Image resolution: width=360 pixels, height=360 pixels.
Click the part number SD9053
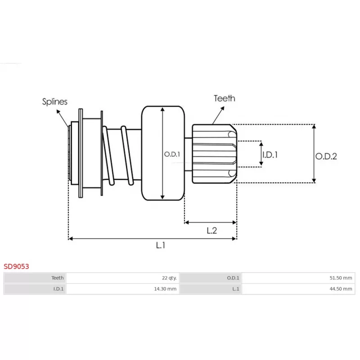tap(16, 266)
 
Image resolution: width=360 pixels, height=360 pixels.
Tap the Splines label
tap(54, 102)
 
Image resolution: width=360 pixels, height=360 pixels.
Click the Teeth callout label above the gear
tap(225, 98)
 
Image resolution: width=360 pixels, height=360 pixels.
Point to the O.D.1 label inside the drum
tap(172, 154)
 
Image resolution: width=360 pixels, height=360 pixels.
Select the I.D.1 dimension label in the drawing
tap(270, 155)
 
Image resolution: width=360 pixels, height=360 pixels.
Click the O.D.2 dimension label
tap(326, 156)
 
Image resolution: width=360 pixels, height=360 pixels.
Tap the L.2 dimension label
tap(211, 230)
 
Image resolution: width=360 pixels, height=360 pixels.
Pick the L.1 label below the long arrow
tap(161, 245)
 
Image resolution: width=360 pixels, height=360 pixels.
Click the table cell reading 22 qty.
tap(123, 278)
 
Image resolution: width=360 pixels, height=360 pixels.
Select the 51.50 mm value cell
tap(298, 278)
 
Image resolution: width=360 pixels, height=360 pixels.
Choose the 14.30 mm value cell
tap(123, 289)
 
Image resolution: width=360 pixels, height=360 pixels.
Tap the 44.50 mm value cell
tap(298, 289)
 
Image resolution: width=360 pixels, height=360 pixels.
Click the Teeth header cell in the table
tap(35, 278)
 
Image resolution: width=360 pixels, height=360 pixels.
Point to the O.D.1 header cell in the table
tap(211, 278)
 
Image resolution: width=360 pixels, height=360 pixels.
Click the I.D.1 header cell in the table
tap(35, 289)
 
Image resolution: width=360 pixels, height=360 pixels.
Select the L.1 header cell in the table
tap(211, 289)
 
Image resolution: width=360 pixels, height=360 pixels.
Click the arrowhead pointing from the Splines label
tap(58, 112)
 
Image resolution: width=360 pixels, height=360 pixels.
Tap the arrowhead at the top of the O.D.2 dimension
tap(314, 127)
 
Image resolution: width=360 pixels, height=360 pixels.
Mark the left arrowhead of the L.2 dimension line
tap(187, 222)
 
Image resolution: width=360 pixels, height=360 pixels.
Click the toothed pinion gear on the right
tap(215, 154)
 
